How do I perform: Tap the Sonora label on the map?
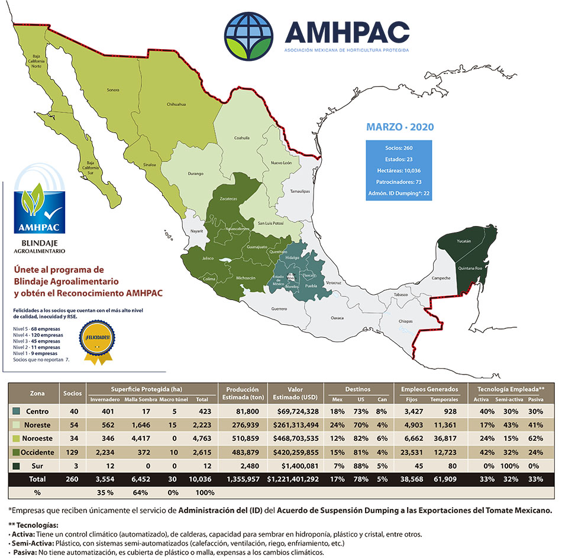click(112, 90)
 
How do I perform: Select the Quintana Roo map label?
click(467, 268)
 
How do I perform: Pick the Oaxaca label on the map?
click(337, 317)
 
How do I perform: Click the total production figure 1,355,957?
click(241, 478)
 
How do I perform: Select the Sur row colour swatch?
click(16, 465)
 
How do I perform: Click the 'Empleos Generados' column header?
click(429, 389)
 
